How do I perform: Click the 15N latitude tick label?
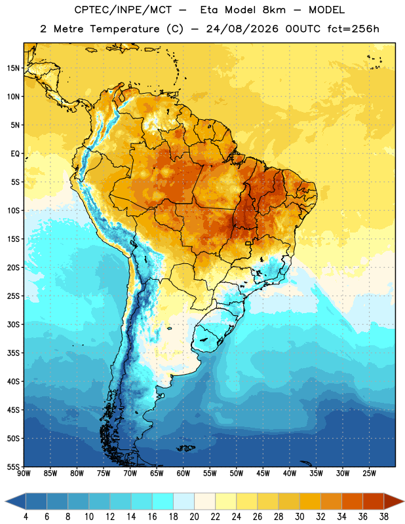coord(13,68)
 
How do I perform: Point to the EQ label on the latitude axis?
coord(15,154)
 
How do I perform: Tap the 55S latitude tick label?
coord(13,466)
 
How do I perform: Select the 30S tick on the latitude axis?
coord(13,324)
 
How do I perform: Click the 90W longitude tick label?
coord(24,473)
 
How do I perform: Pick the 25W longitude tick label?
coord(369,473)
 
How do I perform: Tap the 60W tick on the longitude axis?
coord(183,473)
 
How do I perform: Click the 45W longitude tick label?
coord(263,473)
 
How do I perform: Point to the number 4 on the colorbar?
coord(26,517)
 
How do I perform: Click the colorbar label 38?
coord(384,517)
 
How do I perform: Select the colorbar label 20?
coord(194,517)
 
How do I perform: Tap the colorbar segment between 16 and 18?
coord(163,502)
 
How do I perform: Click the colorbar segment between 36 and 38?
coord(374,502)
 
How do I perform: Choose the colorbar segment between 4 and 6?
coord(36,502)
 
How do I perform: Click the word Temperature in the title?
coord(125,29)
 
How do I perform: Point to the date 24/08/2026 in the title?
coord(242,29)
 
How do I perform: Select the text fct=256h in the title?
coord(353,29)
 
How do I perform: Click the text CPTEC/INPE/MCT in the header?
coord(123,10)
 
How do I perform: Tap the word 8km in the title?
coord(274,10)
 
